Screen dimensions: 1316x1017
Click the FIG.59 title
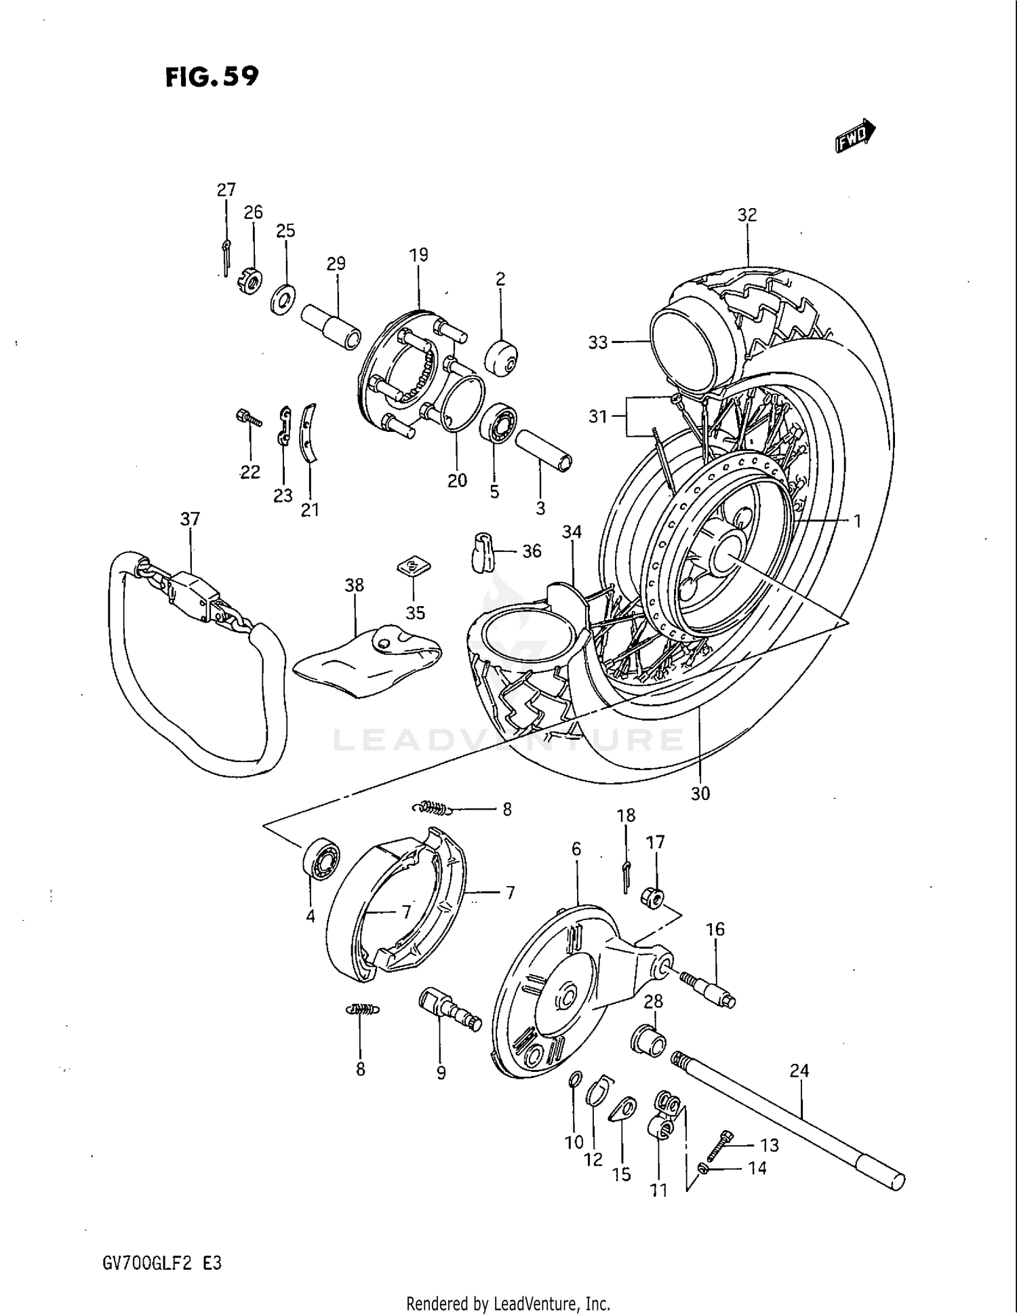(x=212, y=77)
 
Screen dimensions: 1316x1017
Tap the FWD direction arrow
(x=855, y=136)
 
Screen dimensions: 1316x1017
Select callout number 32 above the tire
(x=746, y=215)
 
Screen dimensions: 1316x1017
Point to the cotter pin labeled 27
(x=226, y=254)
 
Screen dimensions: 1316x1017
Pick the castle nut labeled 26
(x=251, y=280)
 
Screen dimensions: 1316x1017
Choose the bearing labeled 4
(x=320, y=859)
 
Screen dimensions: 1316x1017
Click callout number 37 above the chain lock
(x=190, y=519)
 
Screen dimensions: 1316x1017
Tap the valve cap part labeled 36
(x=482, y=553)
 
